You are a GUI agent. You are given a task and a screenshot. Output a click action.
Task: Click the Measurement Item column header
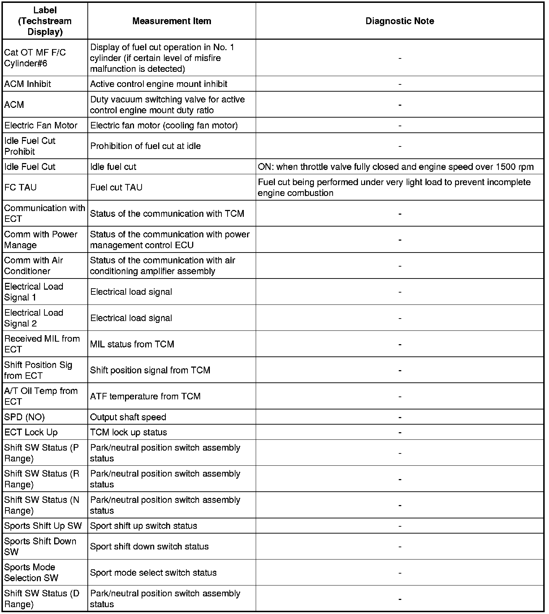point(172,21)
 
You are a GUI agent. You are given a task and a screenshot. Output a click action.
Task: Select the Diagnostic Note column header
point(399,21)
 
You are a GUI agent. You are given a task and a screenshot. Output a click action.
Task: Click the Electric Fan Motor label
point(41,126)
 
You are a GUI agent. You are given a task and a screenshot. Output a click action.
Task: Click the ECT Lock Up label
point(31,432)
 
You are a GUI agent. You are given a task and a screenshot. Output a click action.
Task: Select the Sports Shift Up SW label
point(43,526)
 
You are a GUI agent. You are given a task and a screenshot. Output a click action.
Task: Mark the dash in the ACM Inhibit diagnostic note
point(400,84)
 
